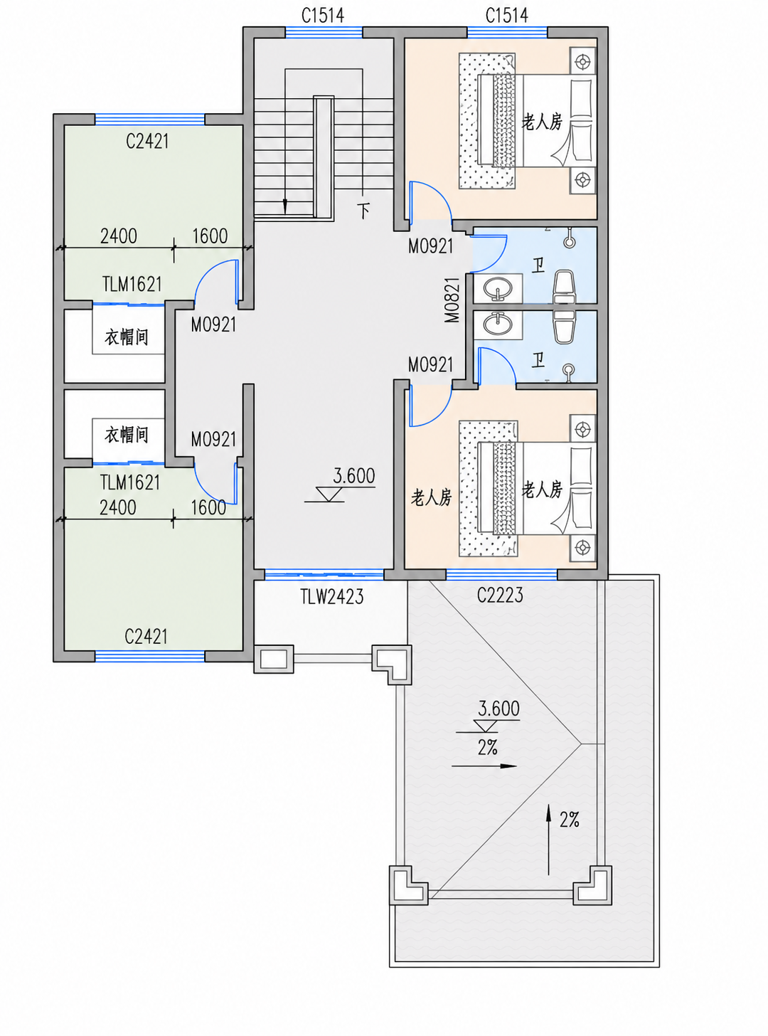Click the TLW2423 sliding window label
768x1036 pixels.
pos(331,596)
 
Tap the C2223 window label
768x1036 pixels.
pos(500,595)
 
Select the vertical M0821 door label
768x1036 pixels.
pos(452,300)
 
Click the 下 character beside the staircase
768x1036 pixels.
pos(364,210)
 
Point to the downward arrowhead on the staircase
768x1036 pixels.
pos(284,206)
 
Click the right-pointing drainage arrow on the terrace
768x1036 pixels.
pos(484,766)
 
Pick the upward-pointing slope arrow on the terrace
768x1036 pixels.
pos(548,839)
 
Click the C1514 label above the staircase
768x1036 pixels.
pos(323,16)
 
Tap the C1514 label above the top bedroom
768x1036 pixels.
pos(506,16)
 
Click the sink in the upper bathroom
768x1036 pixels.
pos(498,287)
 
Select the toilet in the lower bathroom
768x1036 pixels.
pos(564,325)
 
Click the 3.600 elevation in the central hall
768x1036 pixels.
pos(354,476)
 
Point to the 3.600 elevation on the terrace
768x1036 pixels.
pos(498,709)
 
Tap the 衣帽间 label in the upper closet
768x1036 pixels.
pos(126,337)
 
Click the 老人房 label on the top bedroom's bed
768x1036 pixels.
pos(542,122)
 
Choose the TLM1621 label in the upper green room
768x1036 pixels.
pos(132,284)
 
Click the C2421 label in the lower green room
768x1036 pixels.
pos(146,636)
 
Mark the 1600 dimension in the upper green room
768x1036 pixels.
pos(210,236)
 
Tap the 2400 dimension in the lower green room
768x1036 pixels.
pos(117,508)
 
